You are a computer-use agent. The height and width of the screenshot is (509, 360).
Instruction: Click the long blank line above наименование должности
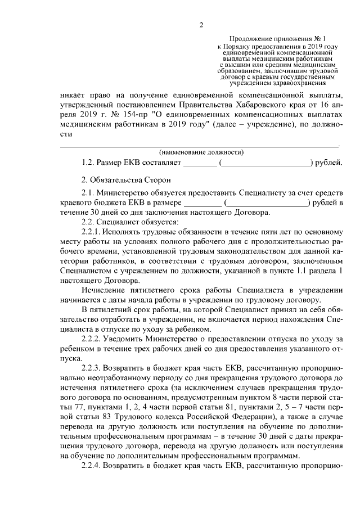click(200, 146)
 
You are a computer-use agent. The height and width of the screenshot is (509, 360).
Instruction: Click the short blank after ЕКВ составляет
click(200, 164)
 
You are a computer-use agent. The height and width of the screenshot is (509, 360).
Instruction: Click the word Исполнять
click(121, 231)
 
